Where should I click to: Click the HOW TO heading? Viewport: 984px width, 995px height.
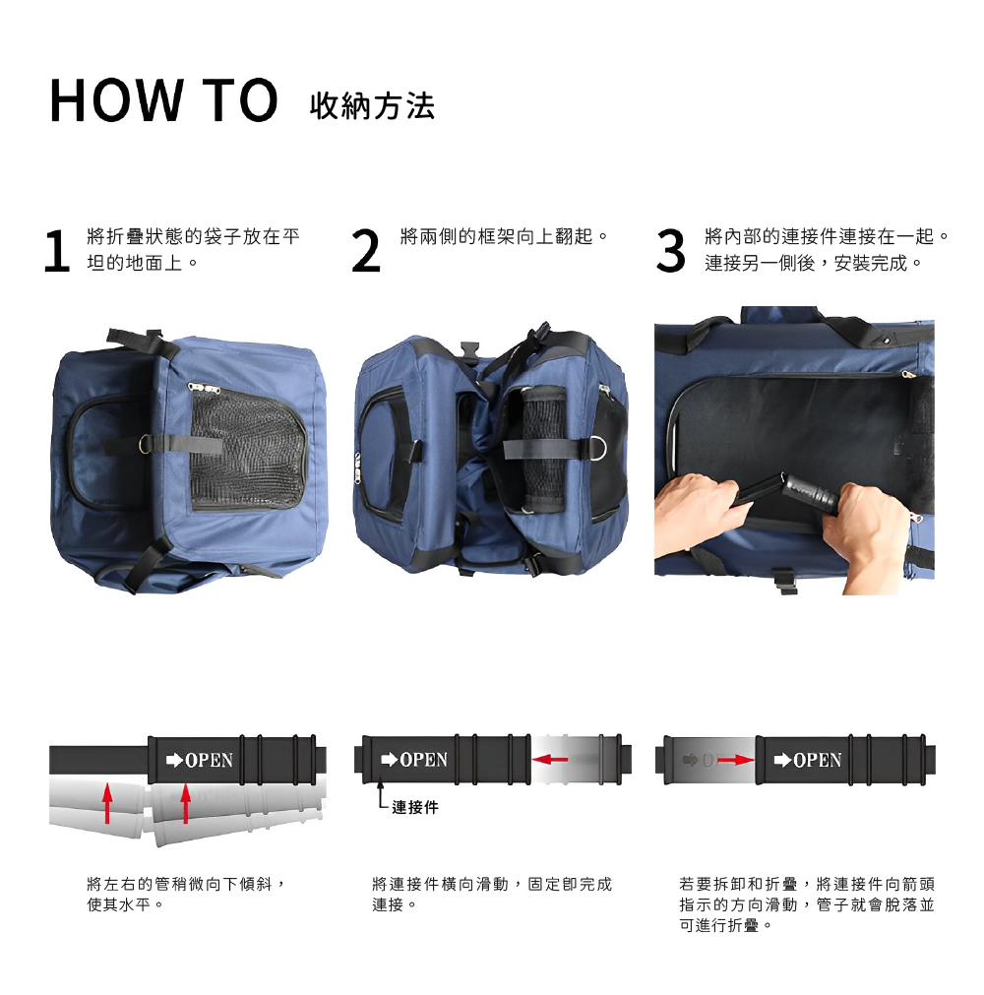pyautogui.click(x=163, y=100)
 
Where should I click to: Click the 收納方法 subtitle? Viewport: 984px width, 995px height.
pyautogui.click(x=372, y=106)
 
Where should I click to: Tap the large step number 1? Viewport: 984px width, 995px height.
pyautogui.click(x=56, y=251)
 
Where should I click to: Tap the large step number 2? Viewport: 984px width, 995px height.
pyautogui.click(x=365, y=251)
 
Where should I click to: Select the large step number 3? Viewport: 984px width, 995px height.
pyautogui.click(x=670, y=251)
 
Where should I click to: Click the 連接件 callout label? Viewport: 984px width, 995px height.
pyautogui.click(x=415, y=807)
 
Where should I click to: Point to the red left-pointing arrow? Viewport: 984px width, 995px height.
pyautogui.click(x=550, y=759)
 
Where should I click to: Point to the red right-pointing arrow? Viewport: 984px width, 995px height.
pyautogui.click(x=736, y=760)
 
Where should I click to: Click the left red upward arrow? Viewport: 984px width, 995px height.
pyautogui.click(x=108, y=803)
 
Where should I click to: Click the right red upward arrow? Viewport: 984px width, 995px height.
pyautogui.click(x=185, y=803)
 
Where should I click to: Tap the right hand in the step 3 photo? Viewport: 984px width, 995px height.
pyautogui.click(x=869, y=533)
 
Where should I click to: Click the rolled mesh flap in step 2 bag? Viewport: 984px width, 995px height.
pyautogui.click(x=543, y=448)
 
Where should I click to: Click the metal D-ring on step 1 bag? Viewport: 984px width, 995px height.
pyautogui.click(x=146, y=444)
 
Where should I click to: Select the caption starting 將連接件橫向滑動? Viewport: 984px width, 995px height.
pyautogui.click(x=492, y=894)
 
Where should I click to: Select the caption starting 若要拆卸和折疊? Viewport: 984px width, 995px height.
pyautogui.click(x=806, y=904)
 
